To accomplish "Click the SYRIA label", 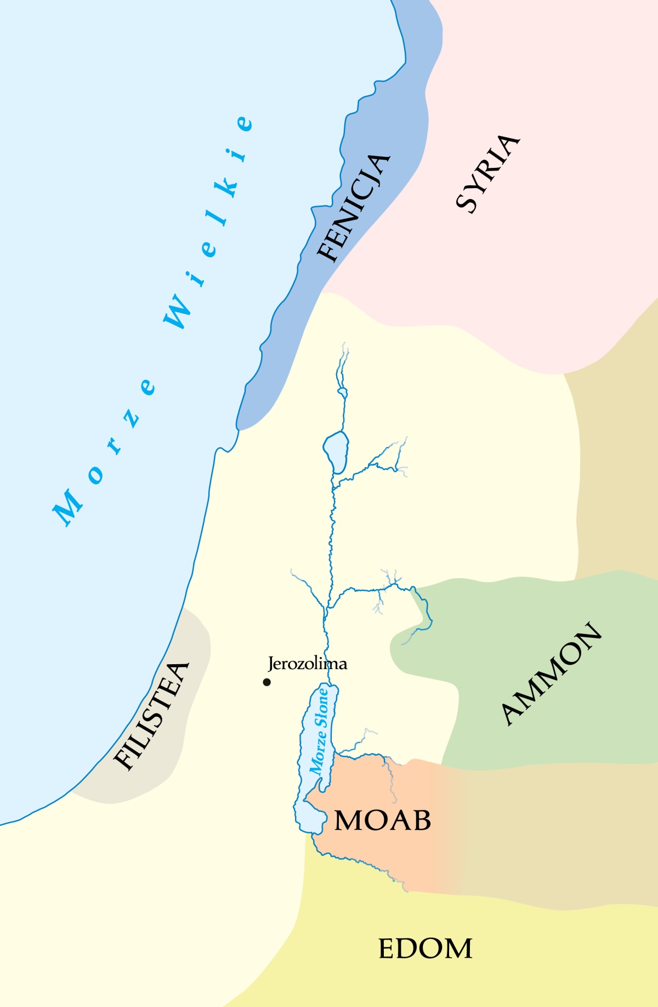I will pyautogui.click(x=487, y=173).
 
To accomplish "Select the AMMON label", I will pyautogui.click(x=552, y=674).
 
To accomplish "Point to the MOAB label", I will pyautogui.click(x=383, y=821).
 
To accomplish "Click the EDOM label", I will pyautogui.click(x=425, y=949).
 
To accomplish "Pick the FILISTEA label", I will pyautogui.click(x=151, y=716).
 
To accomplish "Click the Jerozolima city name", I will pyautogui.click(x=307, y=664).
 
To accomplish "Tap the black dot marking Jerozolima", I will pyautogui.click(x=267, y=682).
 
